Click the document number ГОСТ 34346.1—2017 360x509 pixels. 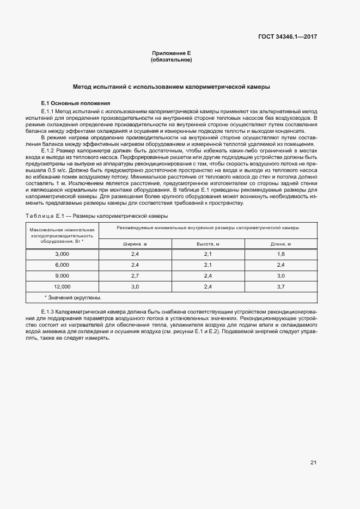coord(288,37)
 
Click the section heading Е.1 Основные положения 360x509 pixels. coord(76,103)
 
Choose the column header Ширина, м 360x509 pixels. coord(135,243)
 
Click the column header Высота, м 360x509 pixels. coord(208,243)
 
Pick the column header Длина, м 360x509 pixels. coord(281,243)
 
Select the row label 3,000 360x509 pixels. coord(62,254)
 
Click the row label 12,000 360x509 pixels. coord(62,286)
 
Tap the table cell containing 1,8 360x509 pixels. coord(281,254)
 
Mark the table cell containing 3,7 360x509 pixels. coord(281,286)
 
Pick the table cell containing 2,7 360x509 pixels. coord(135,275)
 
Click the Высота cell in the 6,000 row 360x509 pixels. coord(208,265)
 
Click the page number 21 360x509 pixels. coord(313,463)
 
